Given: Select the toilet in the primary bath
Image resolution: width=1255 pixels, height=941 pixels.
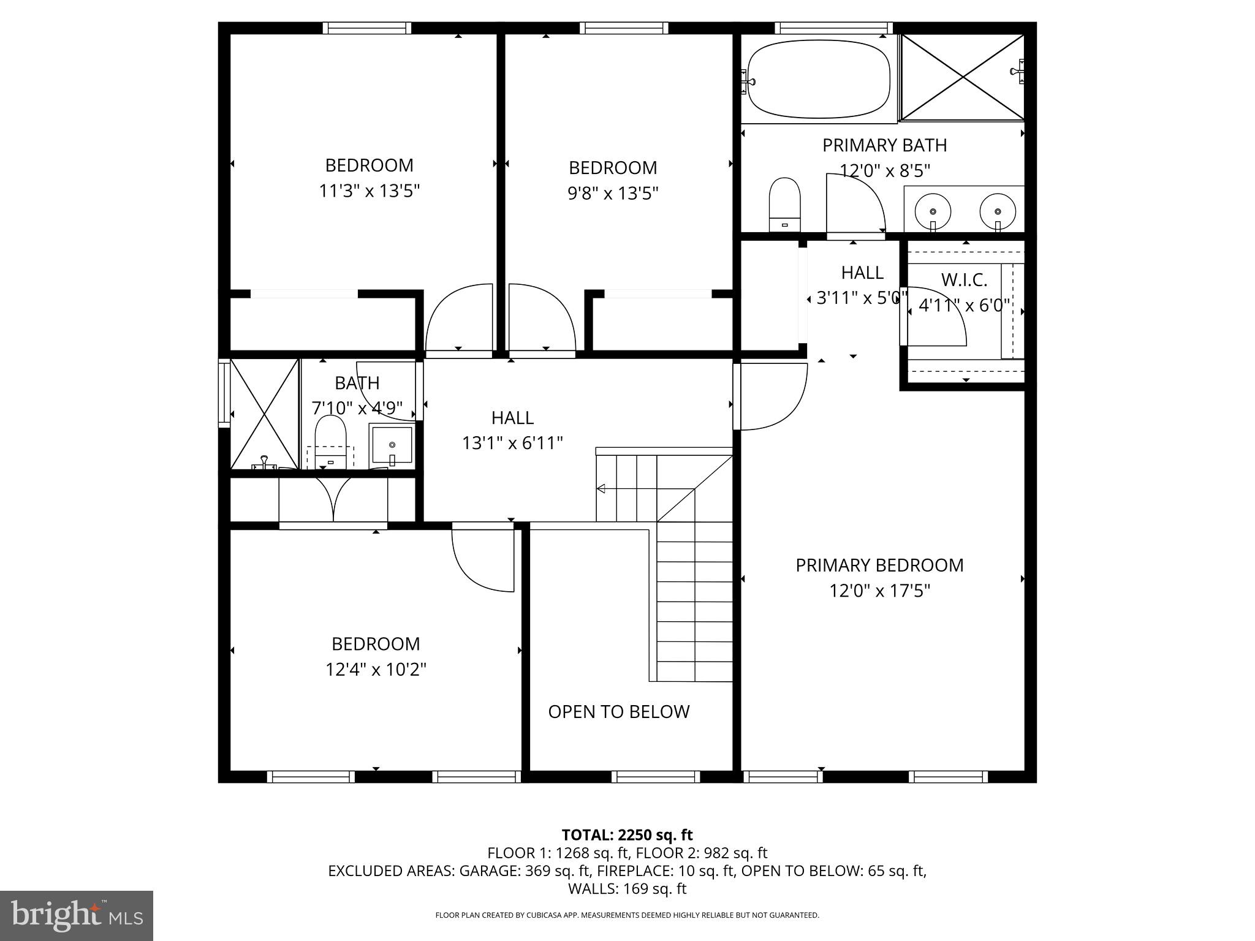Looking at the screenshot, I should click(785, 203).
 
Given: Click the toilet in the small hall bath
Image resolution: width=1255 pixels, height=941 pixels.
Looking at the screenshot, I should click(330, 442).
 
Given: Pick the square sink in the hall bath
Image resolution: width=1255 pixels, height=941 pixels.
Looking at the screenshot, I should click(392, 445).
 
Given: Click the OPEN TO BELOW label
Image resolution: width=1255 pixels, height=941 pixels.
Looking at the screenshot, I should click(618, 711).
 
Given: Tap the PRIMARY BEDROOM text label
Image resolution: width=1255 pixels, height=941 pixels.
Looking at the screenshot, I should click(879, 565).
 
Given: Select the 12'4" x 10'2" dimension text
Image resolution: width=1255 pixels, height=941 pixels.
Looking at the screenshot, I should click(376, 669).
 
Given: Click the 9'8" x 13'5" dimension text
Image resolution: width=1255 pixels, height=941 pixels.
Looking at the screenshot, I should click(612, 194).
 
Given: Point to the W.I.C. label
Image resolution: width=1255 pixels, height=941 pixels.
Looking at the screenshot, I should click(964, 280).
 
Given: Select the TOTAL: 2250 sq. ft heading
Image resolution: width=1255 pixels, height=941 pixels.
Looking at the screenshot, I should click(627, 834).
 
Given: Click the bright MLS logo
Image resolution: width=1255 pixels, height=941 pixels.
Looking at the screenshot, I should click(77, 916).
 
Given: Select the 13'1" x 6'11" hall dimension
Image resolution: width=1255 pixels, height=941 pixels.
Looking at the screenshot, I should click(512, 442).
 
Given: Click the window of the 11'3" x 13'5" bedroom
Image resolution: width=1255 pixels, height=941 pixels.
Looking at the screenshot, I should click(366, 28).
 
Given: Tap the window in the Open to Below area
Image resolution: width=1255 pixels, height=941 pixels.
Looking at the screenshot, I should click(656, 777).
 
